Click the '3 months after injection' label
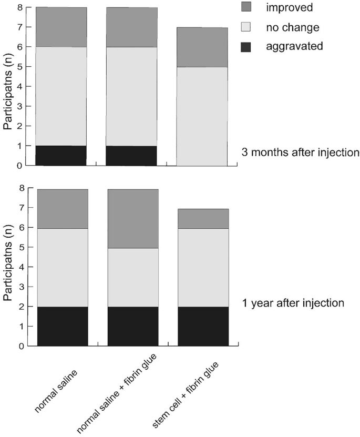tap(300, 153)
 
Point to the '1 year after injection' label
tap(293, 303)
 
